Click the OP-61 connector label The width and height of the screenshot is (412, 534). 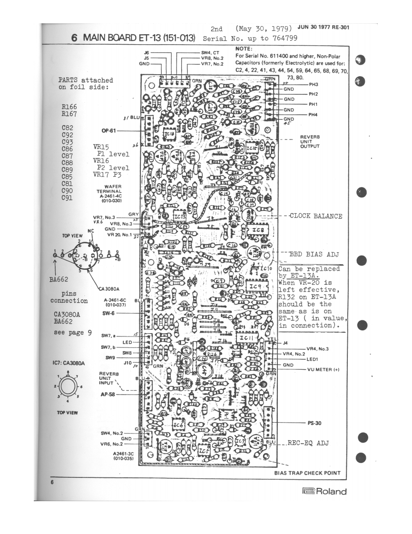pos(108,130)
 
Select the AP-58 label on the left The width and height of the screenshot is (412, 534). pos(108,395)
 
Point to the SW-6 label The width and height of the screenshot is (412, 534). pos(109,314)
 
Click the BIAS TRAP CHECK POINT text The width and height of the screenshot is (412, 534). pos(307,473)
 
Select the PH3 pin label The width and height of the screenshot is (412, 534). pos(313,84)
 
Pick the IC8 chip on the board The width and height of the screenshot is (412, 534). pos(257,230)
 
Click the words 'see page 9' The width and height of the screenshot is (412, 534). pos(73,333)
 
